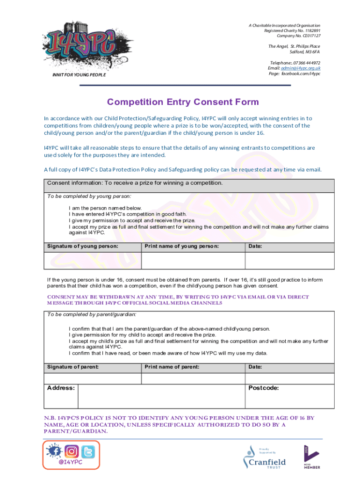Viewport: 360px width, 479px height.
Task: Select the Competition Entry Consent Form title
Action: pyautogui.click(x=183, y=102)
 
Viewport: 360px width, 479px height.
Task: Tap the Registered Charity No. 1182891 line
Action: pyautogui.click(x=292, y=30)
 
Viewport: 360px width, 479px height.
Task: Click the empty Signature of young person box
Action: pyautogui.click(x=92, y=261)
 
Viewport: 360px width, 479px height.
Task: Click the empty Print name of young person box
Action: pyautogui.click(x=193, y=261)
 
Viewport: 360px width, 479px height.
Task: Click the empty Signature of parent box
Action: pyautogui.click(x=92, y=378)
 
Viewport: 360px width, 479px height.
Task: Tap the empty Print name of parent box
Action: pyautogui.click(x=193, y=378)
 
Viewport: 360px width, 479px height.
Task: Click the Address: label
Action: pyautogui.click(x=61, y=388)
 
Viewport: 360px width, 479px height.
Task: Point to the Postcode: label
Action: pyautogui.click(x=264, y=388)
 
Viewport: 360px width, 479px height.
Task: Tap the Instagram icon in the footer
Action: pyautogui.click(x=72, y=451)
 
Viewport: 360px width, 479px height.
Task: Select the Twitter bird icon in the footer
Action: pyautogui.click(x=88, y=451)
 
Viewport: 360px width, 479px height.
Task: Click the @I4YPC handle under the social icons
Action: pyautogui.click(x=71, y=462)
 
